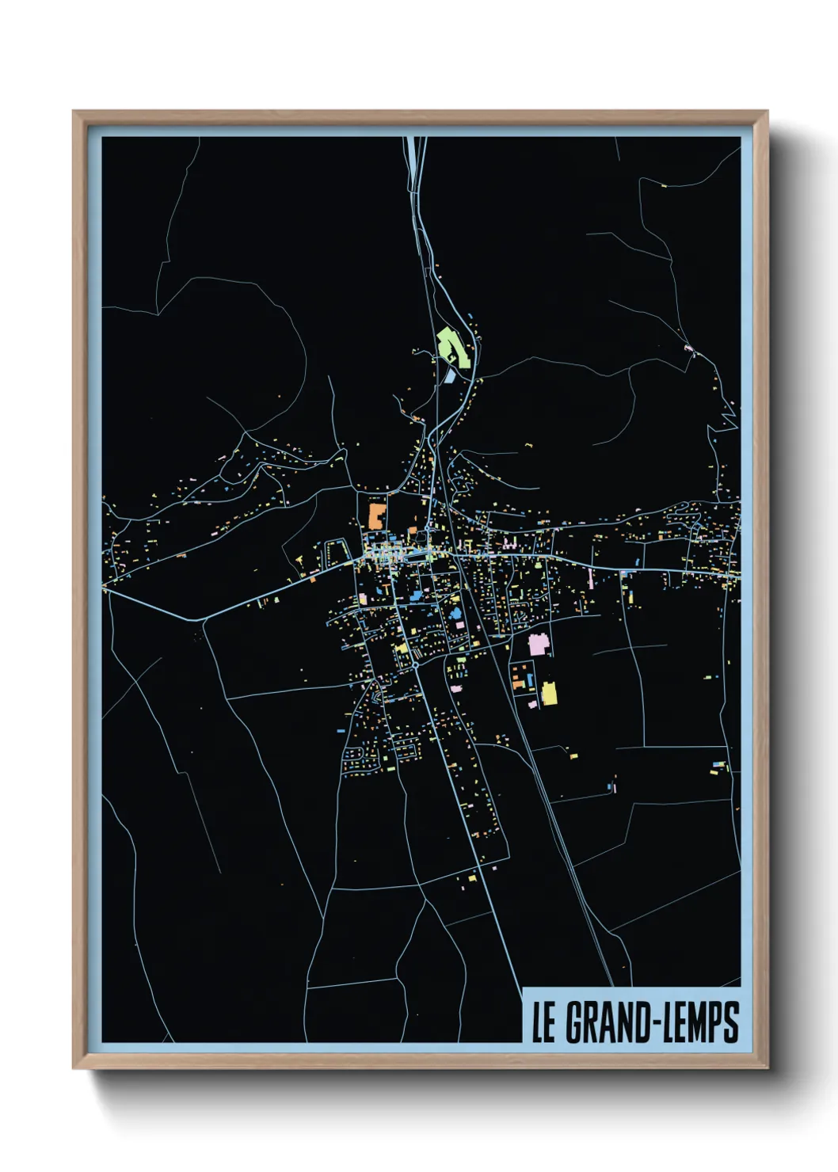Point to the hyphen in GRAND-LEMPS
(650, 1024)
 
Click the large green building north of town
(453, 346)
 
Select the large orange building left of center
(375, 515)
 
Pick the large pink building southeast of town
(539, 643)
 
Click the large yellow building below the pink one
(549, 693)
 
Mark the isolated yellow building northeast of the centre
(525, 447)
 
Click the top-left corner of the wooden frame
(74, 112)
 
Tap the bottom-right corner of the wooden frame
(767, 1068)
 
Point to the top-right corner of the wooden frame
(767, 112)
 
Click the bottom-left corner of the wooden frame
(74, 1068)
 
